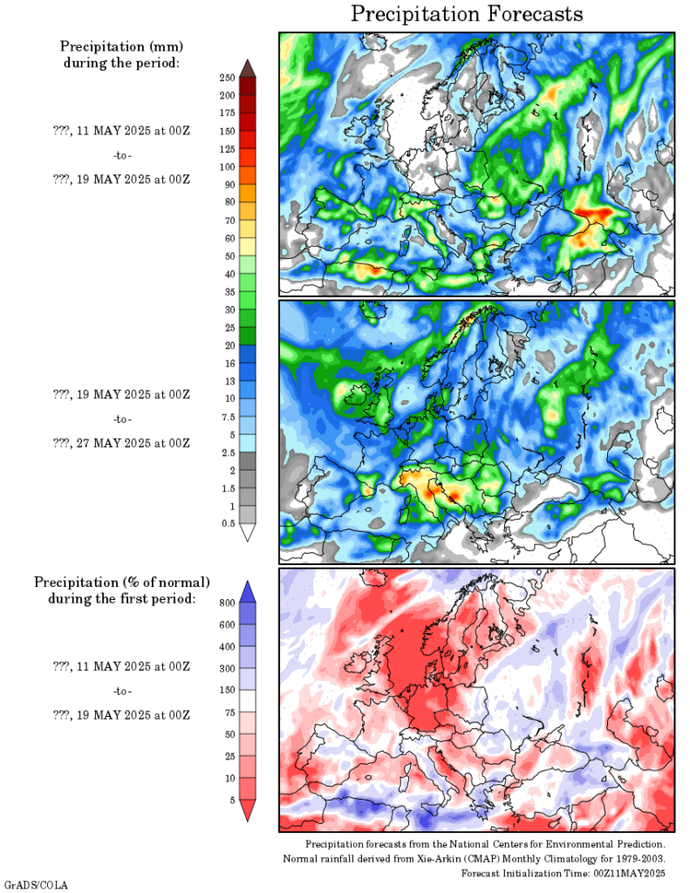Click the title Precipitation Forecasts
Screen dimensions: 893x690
pos(467,15)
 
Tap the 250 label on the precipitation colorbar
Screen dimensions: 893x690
pos(228,78)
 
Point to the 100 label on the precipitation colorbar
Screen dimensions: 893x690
pos(228,167)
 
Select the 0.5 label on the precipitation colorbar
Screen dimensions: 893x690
pos(226,523)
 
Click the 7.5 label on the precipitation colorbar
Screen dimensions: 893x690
pos(226,416)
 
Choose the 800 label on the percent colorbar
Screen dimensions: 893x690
pos(226,603)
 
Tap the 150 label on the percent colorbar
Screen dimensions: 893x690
pos(226,690)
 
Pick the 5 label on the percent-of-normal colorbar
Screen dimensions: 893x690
pos(229,799)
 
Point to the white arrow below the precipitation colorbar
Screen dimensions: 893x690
pos(248,532)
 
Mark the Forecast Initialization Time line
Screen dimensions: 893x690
pos(564,873)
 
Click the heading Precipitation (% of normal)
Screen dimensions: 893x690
pos(121,582)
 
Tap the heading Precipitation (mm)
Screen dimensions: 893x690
pos(121,45)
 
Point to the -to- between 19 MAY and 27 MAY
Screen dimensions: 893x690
pos(122,419)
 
